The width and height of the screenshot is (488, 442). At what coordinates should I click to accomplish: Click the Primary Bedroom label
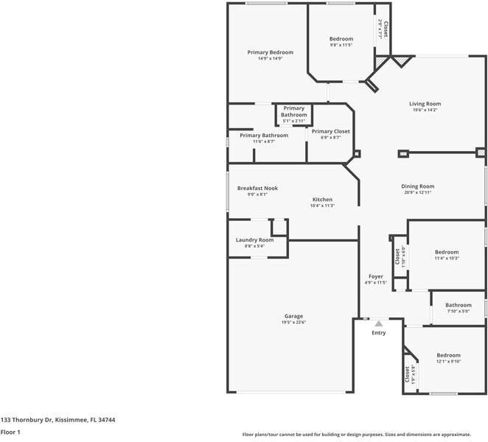coord(270,52)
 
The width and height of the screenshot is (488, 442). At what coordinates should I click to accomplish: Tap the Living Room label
coord(425,104)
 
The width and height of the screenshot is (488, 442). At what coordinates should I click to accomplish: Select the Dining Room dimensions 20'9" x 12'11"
coord(417,193)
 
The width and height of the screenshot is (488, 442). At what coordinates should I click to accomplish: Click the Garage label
coord(293,316)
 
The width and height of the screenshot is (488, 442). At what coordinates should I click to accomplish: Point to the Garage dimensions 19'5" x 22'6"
coord(293,322)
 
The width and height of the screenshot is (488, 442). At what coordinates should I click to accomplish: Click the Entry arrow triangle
coord(378,323)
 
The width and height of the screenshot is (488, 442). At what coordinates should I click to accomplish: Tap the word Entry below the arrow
coord(378,333)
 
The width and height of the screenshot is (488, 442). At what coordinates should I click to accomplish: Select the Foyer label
coord(375,277)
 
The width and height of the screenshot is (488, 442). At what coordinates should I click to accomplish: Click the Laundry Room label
coord(254,239)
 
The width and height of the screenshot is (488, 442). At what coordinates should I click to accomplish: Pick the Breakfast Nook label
coord(257,188)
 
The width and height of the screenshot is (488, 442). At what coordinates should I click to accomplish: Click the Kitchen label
coord(322,200)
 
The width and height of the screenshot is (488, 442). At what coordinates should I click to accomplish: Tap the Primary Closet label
coord(330,131)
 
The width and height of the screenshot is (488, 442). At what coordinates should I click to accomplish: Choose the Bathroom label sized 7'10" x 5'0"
coord(458,305)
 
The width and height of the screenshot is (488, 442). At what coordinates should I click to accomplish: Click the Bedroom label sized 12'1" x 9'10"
coord(448,355)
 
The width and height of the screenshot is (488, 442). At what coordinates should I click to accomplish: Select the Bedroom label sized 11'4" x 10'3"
coord(446,252)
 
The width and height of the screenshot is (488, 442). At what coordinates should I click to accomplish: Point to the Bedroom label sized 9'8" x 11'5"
coord(341,39)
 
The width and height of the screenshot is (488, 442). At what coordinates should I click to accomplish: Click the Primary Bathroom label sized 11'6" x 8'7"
coord(263,136)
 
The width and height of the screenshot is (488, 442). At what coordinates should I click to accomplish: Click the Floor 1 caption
coord(10,432)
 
